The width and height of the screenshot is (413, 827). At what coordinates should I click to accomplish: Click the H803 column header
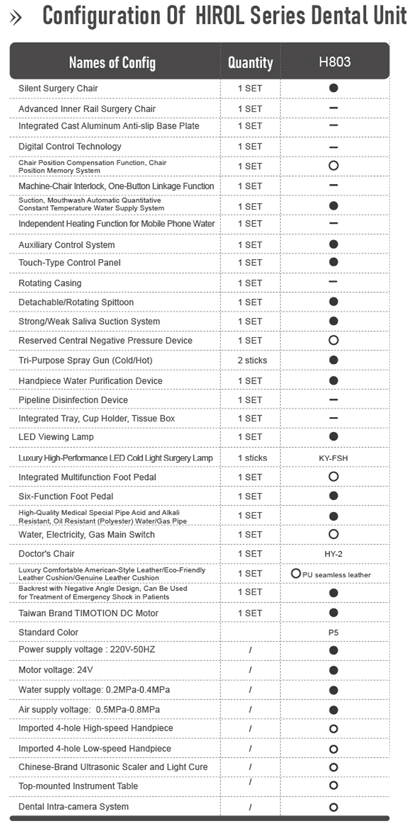tap(334, 62)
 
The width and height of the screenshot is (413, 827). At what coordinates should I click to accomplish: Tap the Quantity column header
tap(251, 63)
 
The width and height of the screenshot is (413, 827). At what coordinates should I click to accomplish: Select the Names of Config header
tap(112, 63)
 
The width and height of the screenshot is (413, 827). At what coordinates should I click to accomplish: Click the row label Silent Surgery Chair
tap(58, 88)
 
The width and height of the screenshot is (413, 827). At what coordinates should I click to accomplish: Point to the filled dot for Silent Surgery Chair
tap(333, 88)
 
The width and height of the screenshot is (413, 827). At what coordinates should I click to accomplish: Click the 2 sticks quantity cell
tap(252, 360)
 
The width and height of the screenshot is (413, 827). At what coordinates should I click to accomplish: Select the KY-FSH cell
tap(333, 458)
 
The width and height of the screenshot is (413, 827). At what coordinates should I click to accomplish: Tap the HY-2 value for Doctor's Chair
tap(333, 554)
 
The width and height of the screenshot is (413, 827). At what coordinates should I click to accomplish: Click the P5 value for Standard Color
tap(333, 633)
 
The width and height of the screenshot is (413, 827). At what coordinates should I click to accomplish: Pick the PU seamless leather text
tap(336, 575)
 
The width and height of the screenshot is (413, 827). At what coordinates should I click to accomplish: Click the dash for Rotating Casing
tap(333, 282)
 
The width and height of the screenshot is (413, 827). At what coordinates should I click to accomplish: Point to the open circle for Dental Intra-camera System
tap(333, 807)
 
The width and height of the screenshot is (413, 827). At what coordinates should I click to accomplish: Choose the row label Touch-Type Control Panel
tap(69, 262)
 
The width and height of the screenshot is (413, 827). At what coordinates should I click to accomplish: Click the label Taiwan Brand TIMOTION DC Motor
tap(88, 613)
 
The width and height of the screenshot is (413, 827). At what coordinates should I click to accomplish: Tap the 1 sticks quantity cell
tap(252, 458)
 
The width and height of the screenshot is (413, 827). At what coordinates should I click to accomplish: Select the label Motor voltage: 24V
tap(56, 670)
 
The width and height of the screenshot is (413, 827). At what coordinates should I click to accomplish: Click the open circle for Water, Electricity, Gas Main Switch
tap(333, 534)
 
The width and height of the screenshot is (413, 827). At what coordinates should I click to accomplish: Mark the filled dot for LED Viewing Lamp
tap(333, 437)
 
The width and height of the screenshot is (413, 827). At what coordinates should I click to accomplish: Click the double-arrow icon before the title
tap(16, 18)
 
